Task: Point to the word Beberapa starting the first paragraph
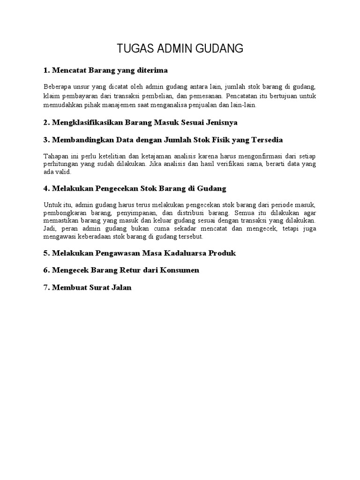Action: tap(58, 87)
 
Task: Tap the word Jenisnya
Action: tap(220, 122)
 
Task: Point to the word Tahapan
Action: tap(55, 156)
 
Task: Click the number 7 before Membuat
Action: tap(46, 288)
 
